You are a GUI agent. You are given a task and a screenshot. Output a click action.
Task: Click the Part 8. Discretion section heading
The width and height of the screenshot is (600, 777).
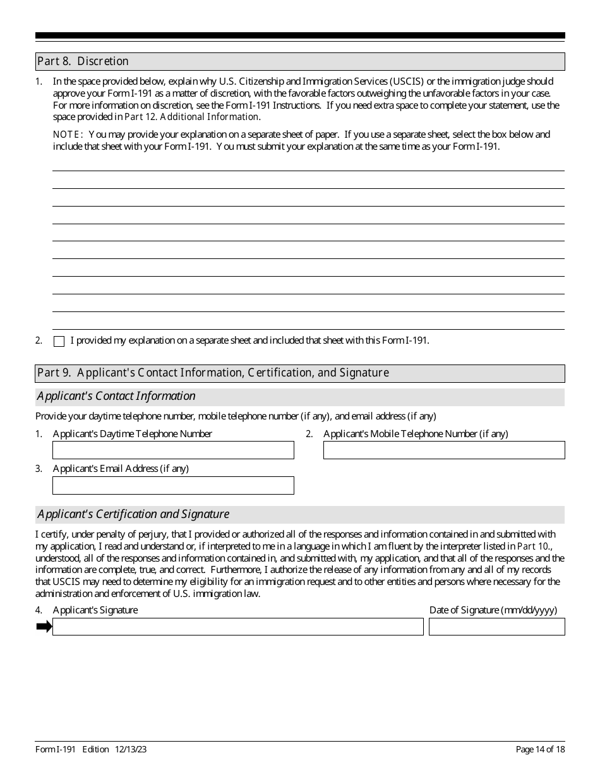(83, 61)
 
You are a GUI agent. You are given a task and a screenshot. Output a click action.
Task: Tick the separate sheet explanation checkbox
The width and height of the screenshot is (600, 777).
(59, 341)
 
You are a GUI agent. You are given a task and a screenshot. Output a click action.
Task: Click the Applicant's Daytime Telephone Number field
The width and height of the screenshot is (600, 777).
(173, 450)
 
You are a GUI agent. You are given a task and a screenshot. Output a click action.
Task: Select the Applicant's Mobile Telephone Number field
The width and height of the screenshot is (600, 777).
(444, 450)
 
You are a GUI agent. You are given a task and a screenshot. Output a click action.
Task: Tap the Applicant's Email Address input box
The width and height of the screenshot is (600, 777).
(173, 485)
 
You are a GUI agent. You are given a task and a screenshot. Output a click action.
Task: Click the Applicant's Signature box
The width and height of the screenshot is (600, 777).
(237, 627)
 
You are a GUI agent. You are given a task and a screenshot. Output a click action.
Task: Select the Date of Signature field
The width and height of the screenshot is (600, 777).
(496, 627)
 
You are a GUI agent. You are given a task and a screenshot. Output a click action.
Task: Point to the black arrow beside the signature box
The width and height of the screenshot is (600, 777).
(44, 627)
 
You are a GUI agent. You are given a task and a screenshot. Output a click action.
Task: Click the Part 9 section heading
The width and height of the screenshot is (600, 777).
(213, 373)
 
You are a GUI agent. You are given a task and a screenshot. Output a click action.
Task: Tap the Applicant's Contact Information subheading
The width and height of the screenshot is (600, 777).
(116, 396)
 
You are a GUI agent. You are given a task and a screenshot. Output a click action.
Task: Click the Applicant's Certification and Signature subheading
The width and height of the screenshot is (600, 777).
(133, 514)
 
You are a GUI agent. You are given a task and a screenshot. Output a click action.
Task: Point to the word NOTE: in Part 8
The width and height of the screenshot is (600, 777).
(68, 135)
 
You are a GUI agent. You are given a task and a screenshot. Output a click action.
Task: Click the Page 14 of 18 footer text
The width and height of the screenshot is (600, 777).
(540, 749)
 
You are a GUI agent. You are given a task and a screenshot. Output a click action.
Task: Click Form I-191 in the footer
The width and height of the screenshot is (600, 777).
(56, 749)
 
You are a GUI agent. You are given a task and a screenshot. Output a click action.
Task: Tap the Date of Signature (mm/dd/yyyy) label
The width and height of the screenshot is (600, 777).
(493, 610)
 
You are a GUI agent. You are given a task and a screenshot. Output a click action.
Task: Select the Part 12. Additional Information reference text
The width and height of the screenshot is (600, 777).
(191, 117)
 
